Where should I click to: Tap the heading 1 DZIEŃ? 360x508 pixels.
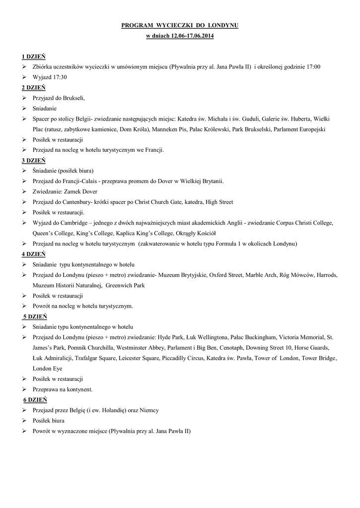[34, 57]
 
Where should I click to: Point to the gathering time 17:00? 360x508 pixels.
[313, 67]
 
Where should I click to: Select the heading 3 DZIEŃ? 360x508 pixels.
[34, 160]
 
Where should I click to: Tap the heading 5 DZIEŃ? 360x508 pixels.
[35, 316]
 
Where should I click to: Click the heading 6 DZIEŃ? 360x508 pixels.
[35, 399]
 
